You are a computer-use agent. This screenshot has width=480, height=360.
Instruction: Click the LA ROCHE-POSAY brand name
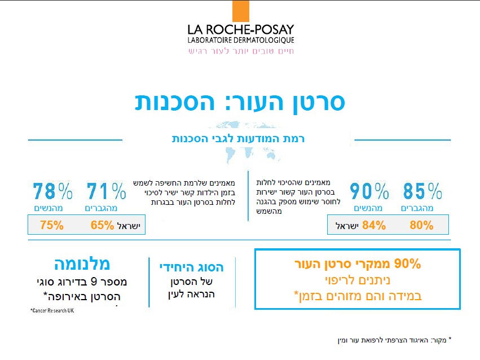tap(241, 29)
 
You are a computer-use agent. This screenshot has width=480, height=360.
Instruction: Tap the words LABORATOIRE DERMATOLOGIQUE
tap(241, 41)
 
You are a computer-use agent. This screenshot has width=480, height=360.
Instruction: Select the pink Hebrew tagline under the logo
tap(241, 51)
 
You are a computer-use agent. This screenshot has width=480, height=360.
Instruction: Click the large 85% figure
tap(422, 192)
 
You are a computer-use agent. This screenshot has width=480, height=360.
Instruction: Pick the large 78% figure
tap(52, 192)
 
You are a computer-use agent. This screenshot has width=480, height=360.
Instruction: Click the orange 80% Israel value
tap(422, 226)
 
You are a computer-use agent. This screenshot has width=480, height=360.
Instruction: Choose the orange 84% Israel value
tap(374, 226)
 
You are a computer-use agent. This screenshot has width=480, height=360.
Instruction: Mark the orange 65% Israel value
tap(102, 226)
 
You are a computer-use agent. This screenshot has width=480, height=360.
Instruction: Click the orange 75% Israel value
tap(52, 226)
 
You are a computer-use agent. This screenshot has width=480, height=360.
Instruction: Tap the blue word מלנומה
tap(82, 264)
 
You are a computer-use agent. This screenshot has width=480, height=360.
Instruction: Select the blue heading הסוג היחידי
tap(192, 267)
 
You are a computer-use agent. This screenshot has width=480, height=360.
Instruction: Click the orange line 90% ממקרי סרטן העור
tap(358, 264)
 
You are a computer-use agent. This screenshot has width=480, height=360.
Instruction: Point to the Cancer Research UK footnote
tap(52, 311)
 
